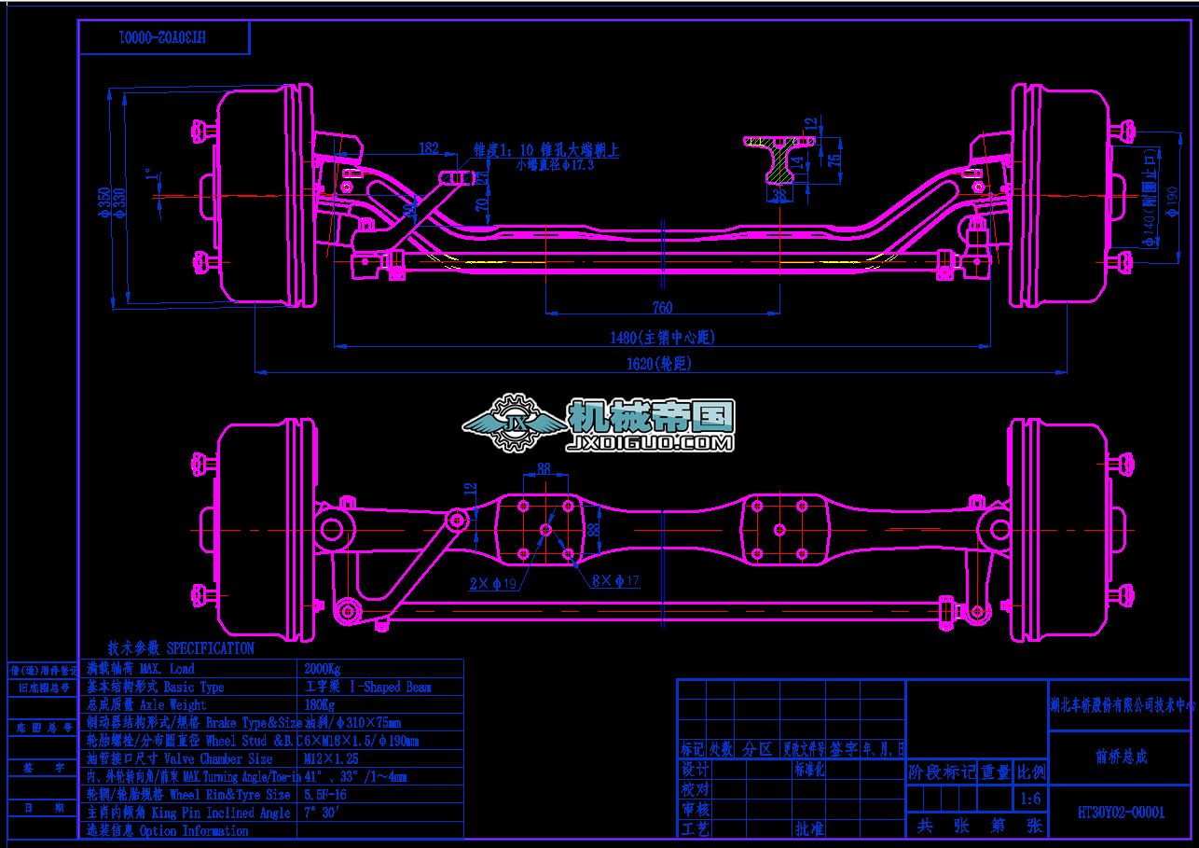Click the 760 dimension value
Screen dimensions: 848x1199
tap(662, 308)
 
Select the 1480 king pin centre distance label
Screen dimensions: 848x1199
tap(664, 337)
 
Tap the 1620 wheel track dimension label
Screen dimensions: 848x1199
tap(661, 364)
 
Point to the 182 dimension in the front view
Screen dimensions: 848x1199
tap(429, 147)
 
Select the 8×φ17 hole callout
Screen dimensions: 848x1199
tap(616, 581)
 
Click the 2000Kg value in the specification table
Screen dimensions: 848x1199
tap(323, 669)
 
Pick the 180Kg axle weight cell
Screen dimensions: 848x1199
tap(320, 704)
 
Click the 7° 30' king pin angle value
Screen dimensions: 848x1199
tap(323, 813)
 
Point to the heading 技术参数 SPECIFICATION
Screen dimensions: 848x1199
tap(180, 647)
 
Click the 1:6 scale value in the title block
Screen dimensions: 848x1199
tap(1031, 799)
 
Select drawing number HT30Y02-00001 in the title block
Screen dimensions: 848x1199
tap(1121, 813)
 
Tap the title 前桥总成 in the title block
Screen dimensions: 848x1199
tap(1121, 757)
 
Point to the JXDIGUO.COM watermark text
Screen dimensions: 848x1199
tap(651, 443)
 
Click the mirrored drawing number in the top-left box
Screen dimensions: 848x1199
tap(163, 38)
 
